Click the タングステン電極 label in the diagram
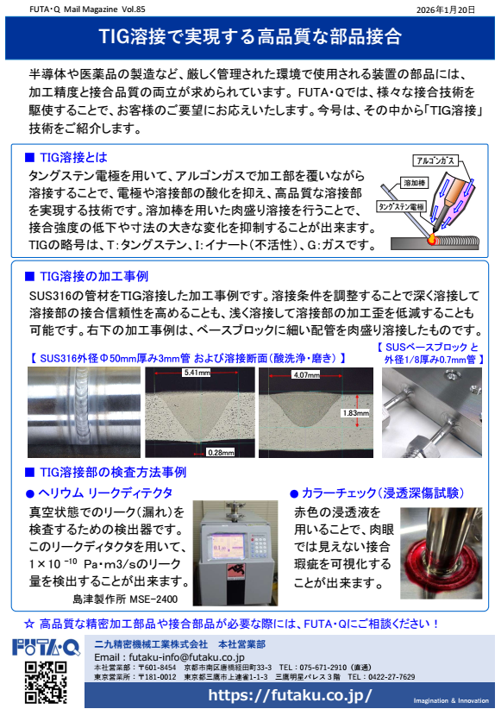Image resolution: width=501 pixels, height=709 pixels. [401, 208]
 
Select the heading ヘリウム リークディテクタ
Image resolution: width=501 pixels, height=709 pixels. [98, 493]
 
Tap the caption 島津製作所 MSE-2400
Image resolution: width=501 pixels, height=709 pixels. [124, 599]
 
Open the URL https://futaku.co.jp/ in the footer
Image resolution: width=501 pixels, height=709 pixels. [290, 694]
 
